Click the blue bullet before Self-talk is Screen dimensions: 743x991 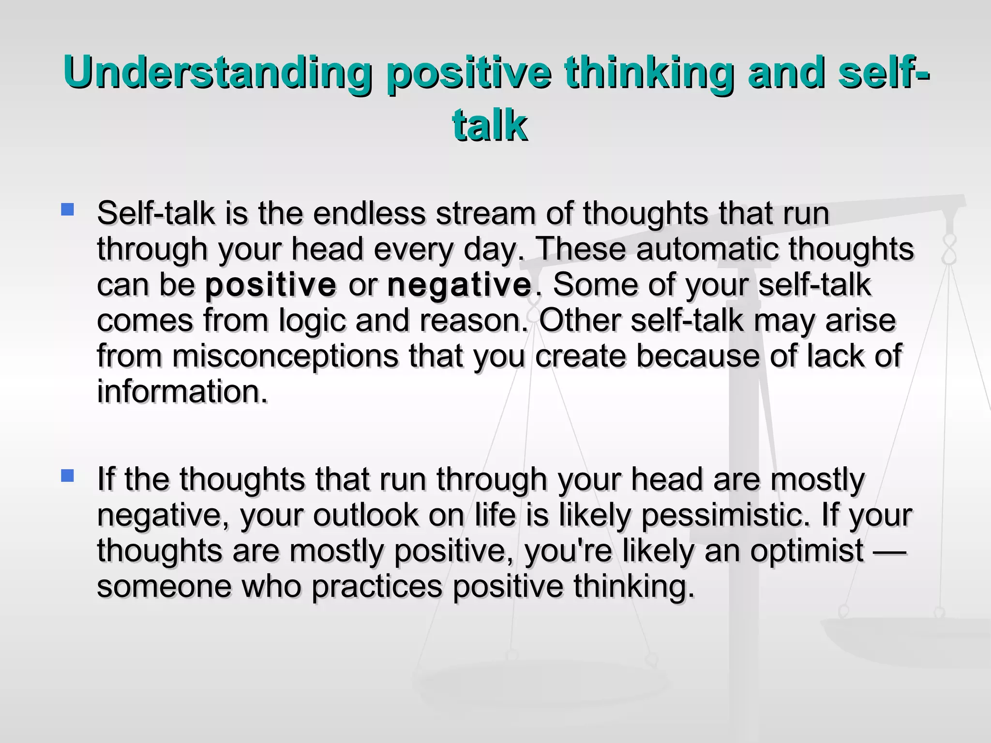coord(67,209)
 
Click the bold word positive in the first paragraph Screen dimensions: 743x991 coord(270,285)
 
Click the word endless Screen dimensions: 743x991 coord(369,213)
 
